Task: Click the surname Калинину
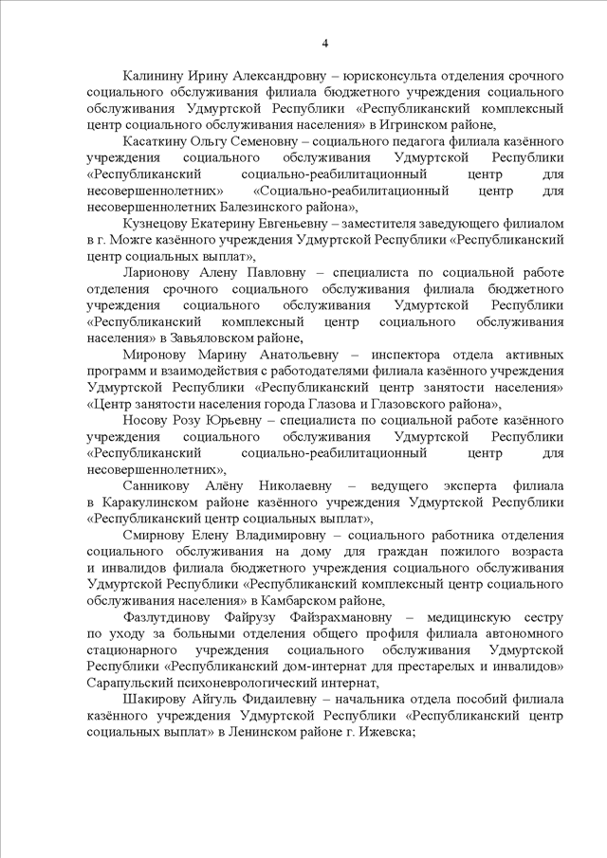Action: point(155,75)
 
